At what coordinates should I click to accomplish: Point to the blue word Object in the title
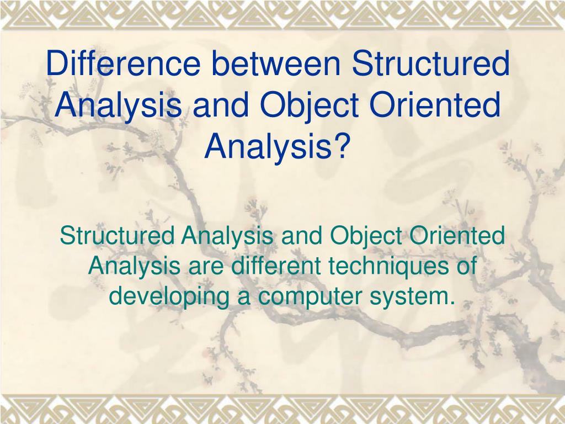(x=309, y=106)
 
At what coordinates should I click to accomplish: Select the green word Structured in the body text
(x=117, y=235)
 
